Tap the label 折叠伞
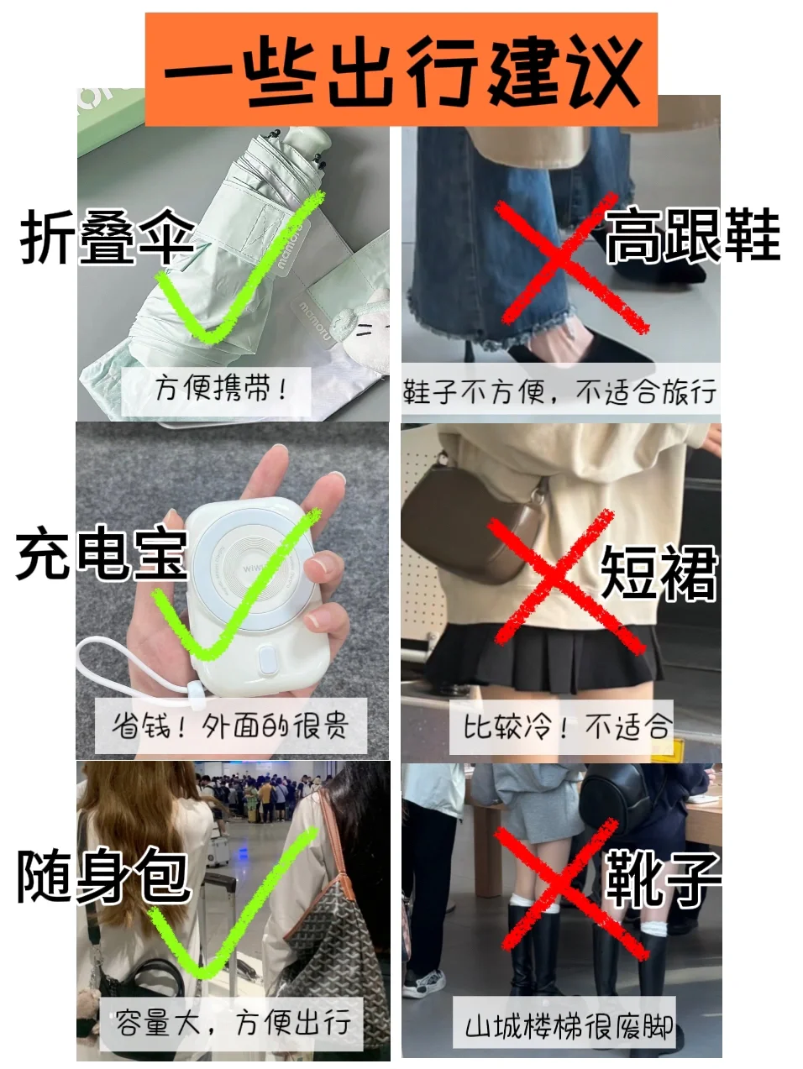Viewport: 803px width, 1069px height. [108, 238]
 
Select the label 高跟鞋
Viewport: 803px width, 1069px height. [692, 236]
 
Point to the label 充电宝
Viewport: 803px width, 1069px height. [101, 554]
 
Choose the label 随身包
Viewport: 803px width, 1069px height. [102, 876]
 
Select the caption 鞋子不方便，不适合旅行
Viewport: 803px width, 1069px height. [560, 391]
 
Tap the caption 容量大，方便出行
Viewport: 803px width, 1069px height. [233, 1022]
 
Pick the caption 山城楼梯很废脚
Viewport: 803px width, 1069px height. [569, 1026]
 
